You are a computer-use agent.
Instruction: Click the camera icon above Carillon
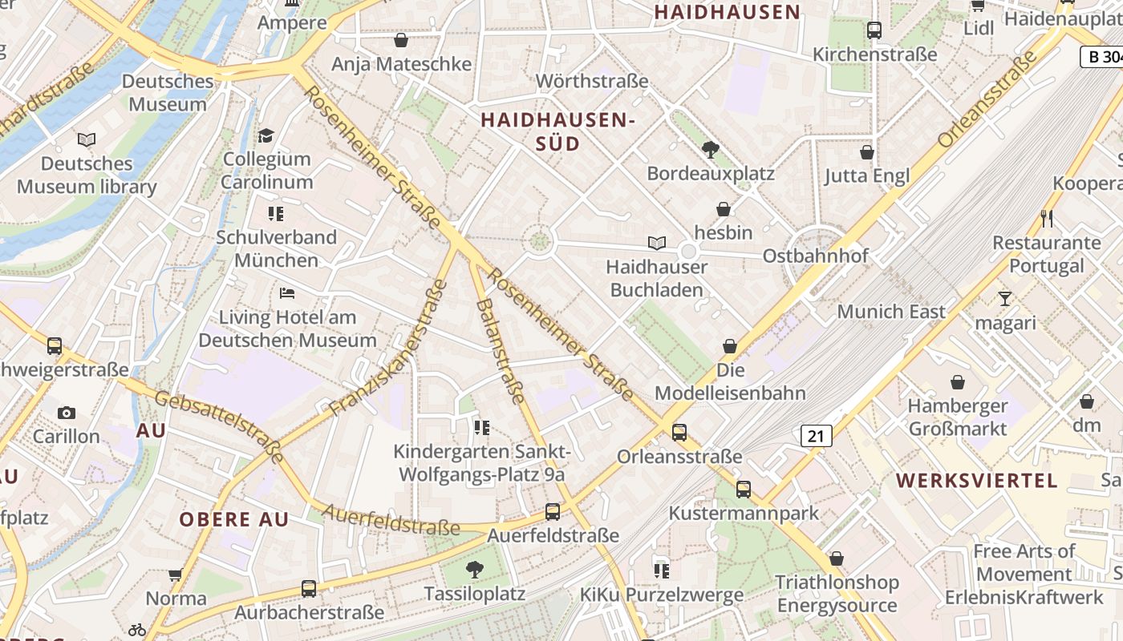(67, 413)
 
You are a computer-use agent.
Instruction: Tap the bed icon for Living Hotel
(287, 292)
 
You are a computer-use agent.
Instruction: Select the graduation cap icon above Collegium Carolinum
(266, 135)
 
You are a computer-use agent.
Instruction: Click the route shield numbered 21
(816, 436)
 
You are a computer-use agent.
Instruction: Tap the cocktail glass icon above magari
(1004, 299)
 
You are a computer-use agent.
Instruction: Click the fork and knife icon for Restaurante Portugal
(1046, 218)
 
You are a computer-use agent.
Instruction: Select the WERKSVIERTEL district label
(976, 481)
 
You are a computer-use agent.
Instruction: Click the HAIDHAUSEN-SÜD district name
(557, 132)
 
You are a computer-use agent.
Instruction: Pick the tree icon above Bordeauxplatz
(710, 149)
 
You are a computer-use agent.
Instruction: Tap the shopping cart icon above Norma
(176, 574)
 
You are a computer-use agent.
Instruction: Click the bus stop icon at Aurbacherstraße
(309, 589)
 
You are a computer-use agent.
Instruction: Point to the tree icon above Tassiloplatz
(474, 570)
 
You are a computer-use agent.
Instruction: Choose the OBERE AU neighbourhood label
(233, 519)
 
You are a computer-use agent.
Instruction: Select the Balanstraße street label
(500, 351)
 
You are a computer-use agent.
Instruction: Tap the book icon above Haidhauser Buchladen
(657, 243)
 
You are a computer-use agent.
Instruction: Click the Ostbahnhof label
(816, 256)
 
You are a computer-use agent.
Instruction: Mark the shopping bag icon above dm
(1087, 401)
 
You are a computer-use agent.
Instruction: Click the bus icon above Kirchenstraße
(874, 30)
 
